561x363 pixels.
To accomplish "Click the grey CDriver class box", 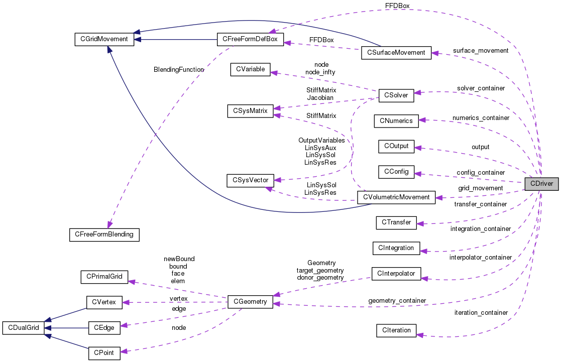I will tap(539, 184).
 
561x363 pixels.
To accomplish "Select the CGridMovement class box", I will tap(104, 39).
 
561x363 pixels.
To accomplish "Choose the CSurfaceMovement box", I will tap(396, 52).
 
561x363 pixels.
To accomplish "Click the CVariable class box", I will tap(250, 69).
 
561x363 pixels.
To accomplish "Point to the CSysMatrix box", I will tap(250, 110).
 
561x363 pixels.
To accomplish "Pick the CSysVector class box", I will tap(250, 180).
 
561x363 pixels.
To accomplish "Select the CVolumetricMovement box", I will tap(396, 197).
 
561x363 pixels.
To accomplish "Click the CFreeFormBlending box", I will tap(104, 233).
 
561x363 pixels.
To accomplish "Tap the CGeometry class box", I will tap(250, 302).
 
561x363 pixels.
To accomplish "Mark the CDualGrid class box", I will tap(24, 328).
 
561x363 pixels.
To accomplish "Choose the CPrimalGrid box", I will tap(104, 276).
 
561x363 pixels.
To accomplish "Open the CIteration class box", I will tap(396, 330).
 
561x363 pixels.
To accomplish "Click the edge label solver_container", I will tap(481, 88).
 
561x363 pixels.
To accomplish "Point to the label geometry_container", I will tap(397, 300).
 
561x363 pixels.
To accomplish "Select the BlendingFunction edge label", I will tap(179, 69).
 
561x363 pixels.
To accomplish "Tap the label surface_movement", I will tap(480, 51).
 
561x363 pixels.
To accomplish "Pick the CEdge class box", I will tap(104, 328).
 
